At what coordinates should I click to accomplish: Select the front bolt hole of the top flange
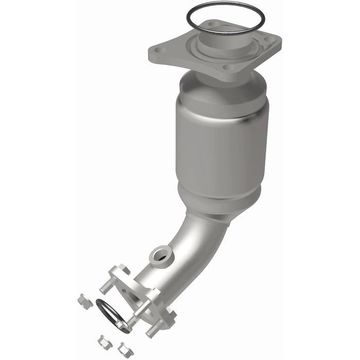pyautogui.click(x=231, y=67)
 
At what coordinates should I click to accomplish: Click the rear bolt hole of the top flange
pyautogui.click(x=212, y=24)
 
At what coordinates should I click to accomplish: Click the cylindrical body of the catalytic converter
pyautogui.click(x=221, y=144)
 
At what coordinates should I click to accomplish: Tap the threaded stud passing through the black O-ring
pyautogui.click(x=131, y=322)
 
